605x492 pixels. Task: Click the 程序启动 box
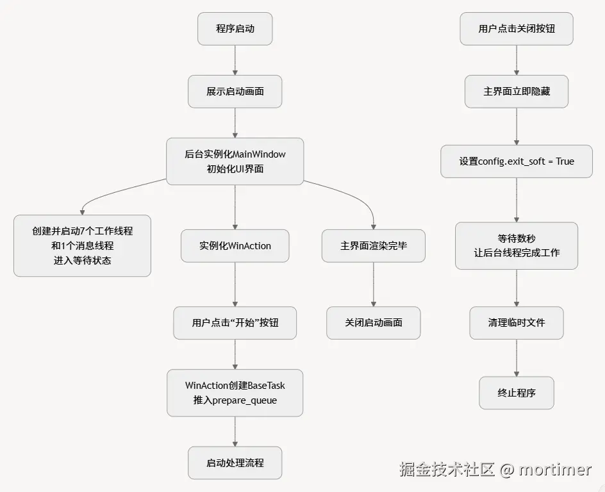tap(235, 29)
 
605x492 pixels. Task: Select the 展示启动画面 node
tap(235, 92)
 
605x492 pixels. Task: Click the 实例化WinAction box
tap(235, 246)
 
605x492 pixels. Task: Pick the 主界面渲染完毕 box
tap(373, 246)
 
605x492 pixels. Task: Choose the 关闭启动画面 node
tap(373, 323)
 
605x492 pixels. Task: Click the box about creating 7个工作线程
tap(82, 246)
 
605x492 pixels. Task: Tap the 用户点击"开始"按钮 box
tap(235, 323)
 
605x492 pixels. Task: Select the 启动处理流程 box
tap(235, 463)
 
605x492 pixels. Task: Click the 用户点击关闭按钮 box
tap(517, 29)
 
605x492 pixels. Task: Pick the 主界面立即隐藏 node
tap(517, 92)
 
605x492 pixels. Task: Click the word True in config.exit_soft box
tap(565, 161)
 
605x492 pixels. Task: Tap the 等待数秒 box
tap(517, 245)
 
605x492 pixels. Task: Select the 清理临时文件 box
tap(517, 323)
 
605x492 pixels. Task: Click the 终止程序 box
tap(517, 393)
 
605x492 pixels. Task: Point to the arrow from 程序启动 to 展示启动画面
tap(235, 60)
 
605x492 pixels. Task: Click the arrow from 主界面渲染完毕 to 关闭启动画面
tap(373, 284)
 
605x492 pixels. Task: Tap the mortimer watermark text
tap(554, 470)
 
